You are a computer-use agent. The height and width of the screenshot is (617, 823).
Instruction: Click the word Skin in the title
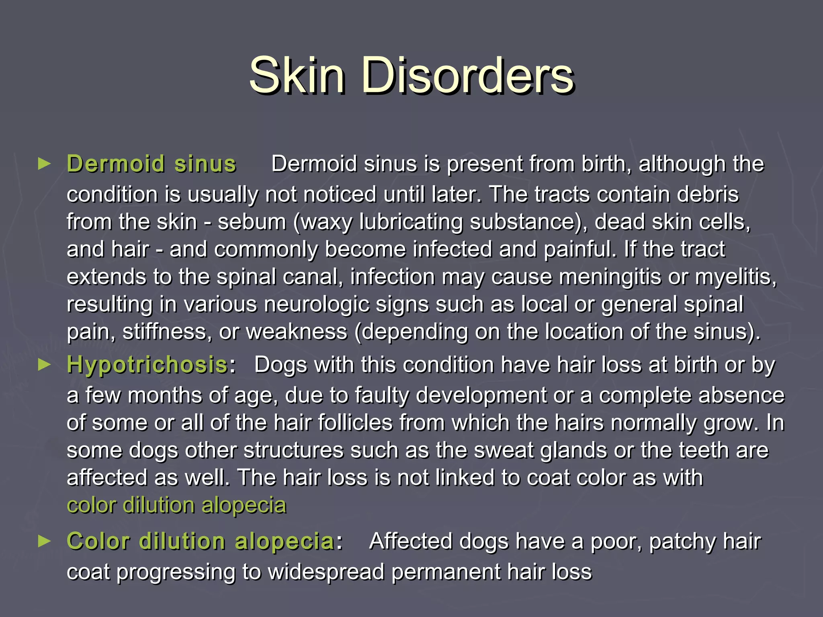click(297, 76)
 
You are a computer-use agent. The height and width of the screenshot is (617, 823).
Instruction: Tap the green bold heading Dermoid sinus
click(151, 164)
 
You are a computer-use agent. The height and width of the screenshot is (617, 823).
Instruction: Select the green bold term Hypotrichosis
click(147, 365)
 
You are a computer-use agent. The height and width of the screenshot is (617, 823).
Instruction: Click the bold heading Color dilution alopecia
click(201, 541)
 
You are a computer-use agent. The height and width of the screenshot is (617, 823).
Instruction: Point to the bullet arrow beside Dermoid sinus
click(44, 163)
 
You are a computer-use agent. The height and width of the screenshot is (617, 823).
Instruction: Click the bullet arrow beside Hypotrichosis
click(44, 365)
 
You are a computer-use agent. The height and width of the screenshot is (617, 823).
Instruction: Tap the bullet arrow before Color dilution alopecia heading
click(44, 541)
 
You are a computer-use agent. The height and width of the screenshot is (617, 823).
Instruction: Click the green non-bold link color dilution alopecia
click(176, 505)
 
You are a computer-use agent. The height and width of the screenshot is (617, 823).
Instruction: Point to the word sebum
click(252, 222)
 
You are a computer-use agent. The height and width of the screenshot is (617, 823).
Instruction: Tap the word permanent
click(446, 572)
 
